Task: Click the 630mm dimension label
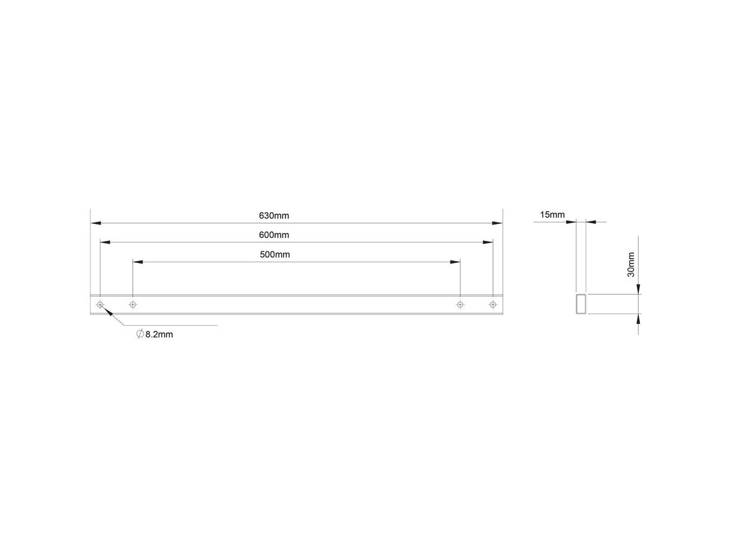pos(274,216)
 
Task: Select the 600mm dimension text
pos(274,235)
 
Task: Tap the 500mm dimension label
pos(274,254)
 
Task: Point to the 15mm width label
pos(552,215)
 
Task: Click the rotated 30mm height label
pos(631,265)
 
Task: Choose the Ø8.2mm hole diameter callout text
pos(155,334)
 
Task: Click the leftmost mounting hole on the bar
pos(100,304)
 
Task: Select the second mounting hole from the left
pos(133,304)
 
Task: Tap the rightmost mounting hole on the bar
pos(493,304)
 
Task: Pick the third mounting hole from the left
pos(460,304)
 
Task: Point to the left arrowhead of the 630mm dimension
pos(95,223)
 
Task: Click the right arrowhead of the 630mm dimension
pos(498,223)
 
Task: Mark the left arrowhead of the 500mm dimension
pos(138,262)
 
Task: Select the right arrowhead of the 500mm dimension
pos(455,262)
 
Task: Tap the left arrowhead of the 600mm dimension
pos(106,242)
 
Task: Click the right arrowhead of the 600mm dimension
pos(488,242)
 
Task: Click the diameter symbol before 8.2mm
pos(140,334)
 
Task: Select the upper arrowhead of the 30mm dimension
pos(638,289)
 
